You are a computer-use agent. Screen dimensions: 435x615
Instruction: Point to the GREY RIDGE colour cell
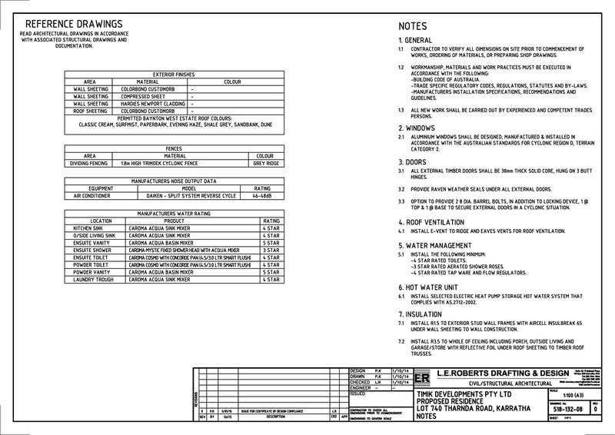click(264, 164)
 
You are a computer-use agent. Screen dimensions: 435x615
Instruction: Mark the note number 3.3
click(401, 201)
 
